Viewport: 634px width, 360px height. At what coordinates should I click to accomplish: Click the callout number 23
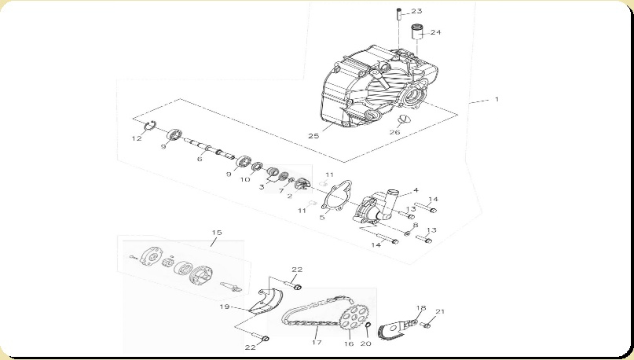pos(438,11)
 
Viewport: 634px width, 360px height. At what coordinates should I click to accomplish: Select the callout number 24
pos(435,32)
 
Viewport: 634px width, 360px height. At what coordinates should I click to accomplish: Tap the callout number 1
pos(497,100)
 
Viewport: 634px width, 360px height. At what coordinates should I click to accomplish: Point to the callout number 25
pos(313,136)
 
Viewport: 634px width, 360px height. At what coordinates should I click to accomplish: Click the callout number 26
pos(394,132)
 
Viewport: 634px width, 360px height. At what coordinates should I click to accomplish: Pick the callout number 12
pos(136,138)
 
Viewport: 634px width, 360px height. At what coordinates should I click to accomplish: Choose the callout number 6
pos(200,159)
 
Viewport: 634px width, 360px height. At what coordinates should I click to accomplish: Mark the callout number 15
pos(217,233)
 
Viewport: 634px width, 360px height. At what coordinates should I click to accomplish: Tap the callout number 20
pos(365,343)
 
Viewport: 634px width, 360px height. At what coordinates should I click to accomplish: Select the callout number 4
pos(416,189)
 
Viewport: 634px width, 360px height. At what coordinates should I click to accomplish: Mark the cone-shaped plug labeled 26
pos(405,119)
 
